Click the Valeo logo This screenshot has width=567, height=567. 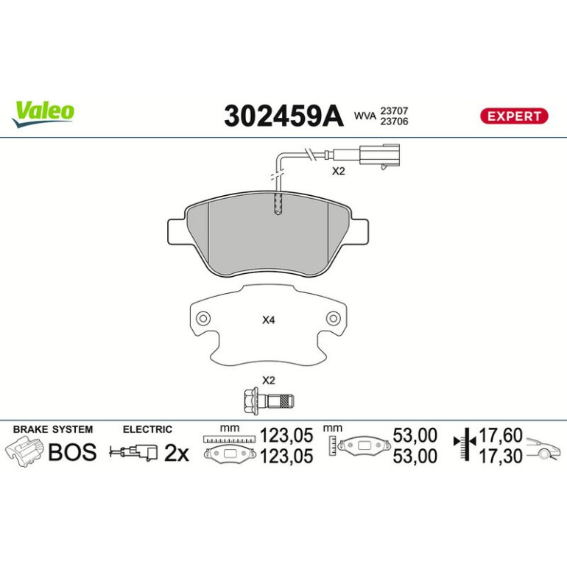(x=43, y=113)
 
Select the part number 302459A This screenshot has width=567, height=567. (x=283, y=116)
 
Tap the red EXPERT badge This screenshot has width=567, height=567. (x=514, y=116)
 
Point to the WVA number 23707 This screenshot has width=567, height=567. (x=394, y=110)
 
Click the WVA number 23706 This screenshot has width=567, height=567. (x=394, y=121)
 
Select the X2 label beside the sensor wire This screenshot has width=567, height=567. (x=339, y=171)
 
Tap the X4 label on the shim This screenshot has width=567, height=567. (x=268, y=320)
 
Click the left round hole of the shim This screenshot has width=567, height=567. (x=203, y=319)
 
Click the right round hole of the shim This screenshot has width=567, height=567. (x=333, y=319)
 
